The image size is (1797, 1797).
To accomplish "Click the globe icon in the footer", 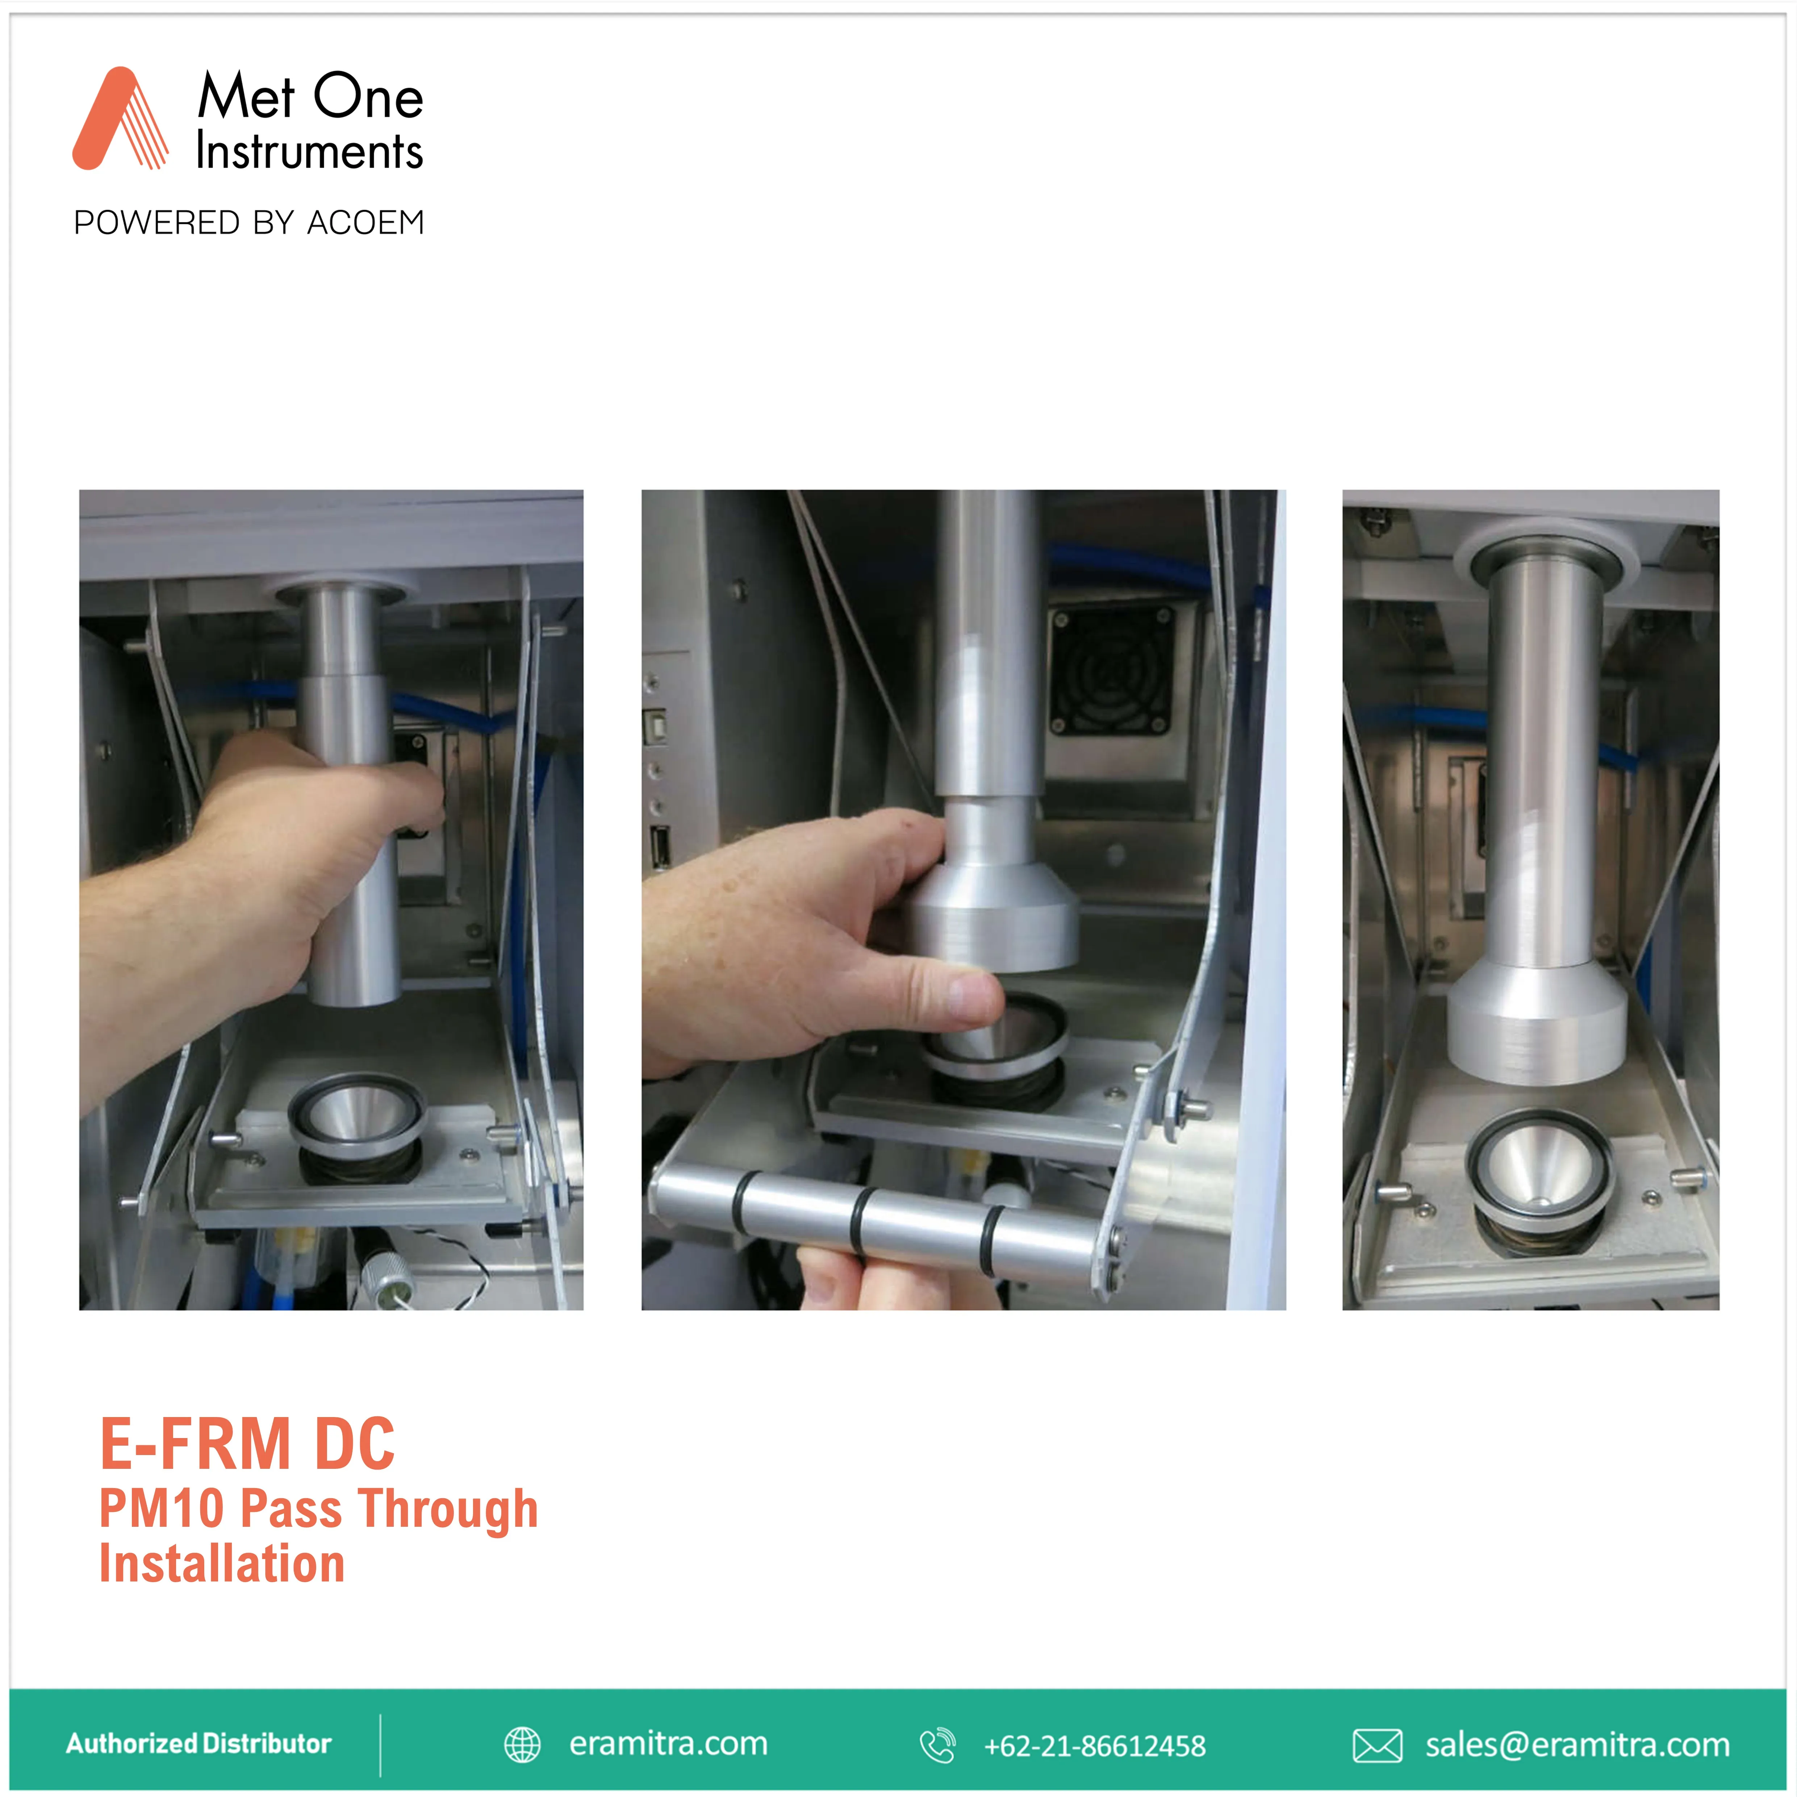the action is (522, 1745).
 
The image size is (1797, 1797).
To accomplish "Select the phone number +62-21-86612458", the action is (1095, 1746).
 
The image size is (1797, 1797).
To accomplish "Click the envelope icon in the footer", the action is (1378, 1746).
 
